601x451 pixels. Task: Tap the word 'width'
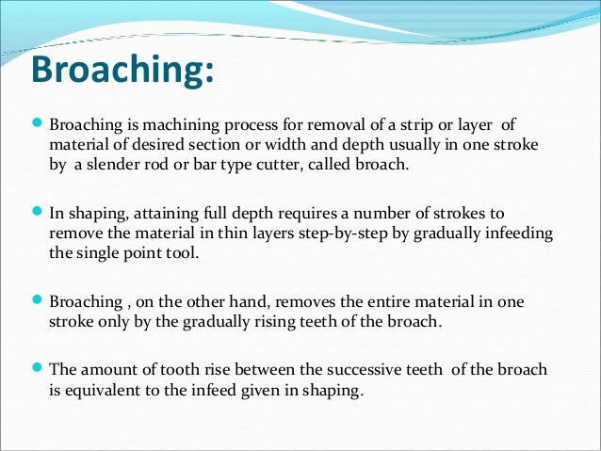(295, 143)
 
